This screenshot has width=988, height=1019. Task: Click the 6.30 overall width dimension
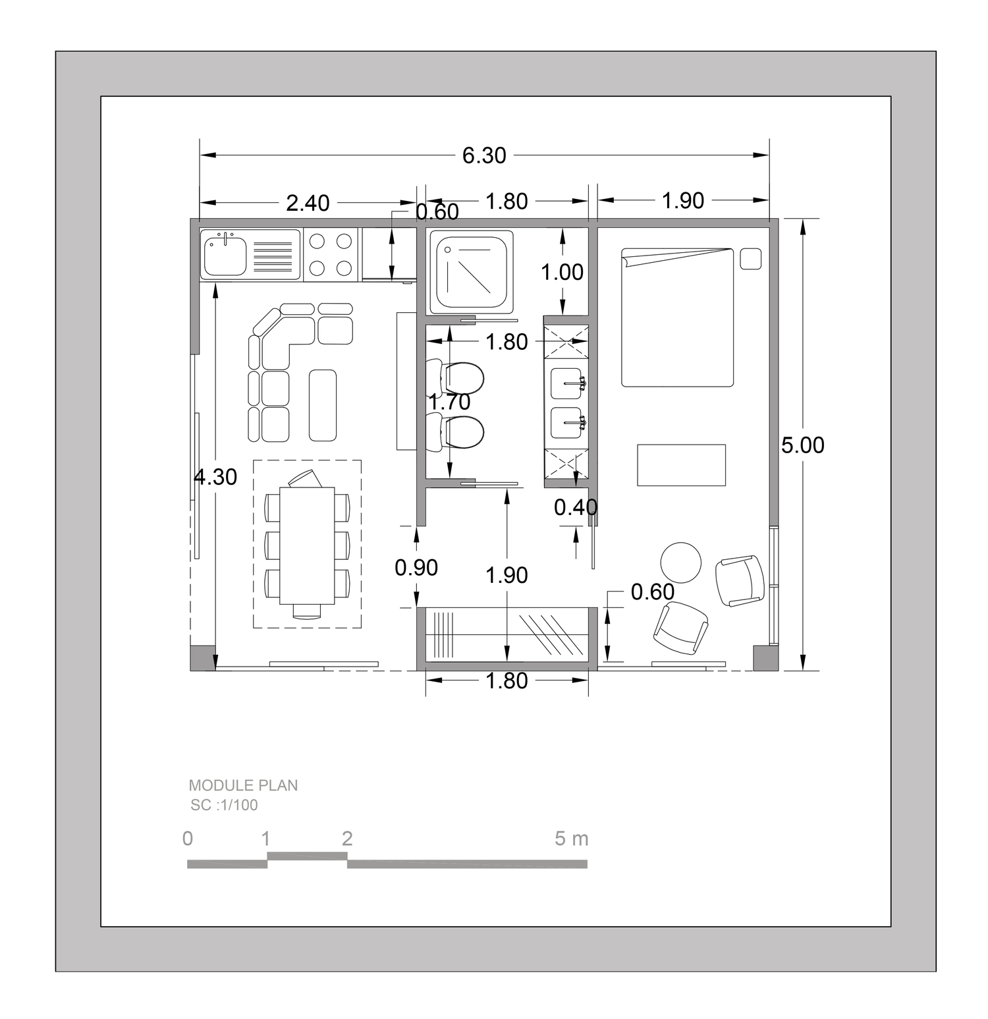pos(484,155)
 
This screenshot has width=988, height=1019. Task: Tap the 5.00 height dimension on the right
pos(803,445)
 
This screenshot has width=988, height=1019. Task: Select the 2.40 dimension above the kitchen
pos(308,203)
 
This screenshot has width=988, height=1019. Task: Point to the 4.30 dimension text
pos(215,476)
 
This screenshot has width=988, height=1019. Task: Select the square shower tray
pos(472,273)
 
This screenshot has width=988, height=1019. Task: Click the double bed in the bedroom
pos(678,317)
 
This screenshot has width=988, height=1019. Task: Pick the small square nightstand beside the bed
pos(751,259)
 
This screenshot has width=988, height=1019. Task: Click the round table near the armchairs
pos(681,563)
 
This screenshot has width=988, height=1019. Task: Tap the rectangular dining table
pos(307,545)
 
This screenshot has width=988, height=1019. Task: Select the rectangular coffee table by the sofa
pos(323,405)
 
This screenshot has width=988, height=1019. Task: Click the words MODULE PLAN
pos(243,785)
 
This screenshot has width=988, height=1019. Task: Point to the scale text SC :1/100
pos(224,805)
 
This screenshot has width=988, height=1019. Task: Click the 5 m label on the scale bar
pos(571,839)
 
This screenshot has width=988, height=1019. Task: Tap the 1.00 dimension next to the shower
pos(563,272)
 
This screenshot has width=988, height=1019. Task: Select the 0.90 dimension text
pos(416,567)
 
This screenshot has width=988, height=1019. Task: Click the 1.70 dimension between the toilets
pos(449,402)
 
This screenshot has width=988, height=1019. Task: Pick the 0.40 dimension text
pos(576,507)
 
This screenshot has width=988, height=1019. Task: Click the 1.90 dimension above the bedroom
pos(683,201)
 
